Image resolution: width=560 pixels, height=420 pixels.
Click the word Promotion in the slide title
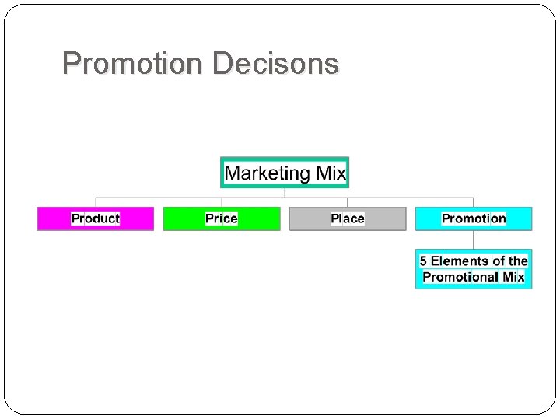tap(134, 63)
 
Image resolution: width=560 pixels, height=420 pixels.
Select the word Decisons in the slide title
tap(275, 63)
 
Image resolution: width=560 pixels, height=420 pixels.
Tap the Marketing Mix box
tap(285, 172)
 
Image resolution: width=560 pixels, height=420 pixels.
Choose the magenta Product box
tap(96, 219)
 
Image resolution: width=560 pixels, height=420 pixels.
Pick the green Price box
tap(222, 219)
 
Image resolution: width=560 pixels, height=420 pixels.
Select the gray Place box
tap(348, 219)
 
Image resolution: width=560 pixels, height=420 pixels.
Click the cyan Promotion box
tap(474, 219)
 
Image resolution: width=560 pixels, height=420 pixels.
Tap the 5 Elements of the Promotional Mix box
tap(474, 269)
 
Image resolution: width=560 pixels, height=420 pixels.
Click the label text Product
tap(96, 219)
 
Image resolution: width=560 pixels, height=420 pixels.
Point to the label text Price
tap(222, 219)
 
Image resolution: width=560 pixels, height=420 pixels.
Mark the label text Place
tap(348, 219)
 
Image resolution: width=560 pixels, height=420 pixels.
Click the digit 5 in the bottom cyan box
tap(424, 261)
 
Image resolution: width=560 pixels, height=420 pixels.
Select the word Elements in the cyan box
tap(458, 261)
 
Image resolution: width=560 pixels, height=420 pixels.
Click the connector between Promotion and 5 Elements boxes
tap(474, 240)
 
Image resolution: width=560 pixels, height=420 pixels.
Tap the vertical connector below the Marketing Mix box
tap(285, 193)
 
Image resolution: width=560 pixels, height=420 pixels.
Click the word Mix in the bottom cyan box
tap(514, 277)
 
